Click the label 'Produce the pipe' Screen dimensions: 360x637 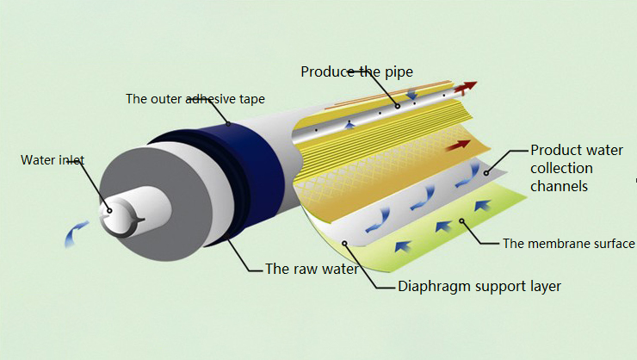click(x=356, y=71)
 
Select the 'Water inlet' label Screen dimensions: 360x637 click(x=52, y=159)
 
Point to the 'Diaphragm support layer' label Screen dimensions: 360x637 click(x=479, y=287)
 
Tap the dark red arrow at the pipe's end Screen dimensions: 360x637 click(x=465, y=86)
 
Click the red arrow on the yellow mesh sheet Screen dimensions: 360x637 click(x=454, y=146)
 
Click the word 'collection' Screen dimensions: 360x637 click(x=560, y=168)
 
